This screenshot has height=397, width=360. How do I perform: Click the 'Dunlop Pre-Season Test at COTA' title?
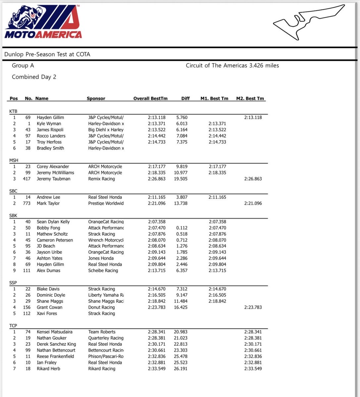[x=47, y=54]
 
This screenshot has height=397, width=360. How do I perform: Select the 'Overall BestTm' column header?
[x=150, y=98]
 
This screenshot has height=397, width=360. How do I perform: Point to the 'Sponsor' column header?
[x=96, y=98]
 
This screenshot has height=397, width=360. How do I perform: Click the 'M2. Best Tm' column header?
[x=250, y=98]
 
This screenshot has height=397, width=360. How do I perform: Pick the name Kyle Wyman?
[x=49, y=123]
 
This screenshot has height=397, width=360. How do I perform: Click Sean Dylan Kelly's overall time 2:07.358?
[x=157, y=222]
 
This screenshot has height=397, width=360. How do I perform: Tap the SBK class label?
[x=13, y=216]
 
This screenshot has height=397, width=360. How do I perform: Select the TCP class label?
[x=13, y=326]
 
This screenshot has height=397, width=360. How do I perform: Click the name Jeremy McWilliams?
[x=55, y=173]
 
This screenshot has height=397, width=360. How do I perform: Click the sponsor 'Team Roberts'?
[x=102, y=332]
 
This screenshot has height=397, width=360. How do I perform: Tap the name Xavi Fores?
[x=47, y=313]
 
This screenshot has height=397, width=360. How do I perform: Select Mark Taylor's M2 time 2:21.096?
[x=253, y=203]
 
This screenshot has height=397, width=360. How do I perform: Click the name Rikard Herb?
[x=48, y=369]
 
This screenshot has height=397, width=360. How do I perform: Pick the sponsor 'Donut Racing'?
[x=101, y=307]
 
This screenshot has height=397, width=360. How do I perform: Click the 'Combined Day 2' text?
[x=34, y=77]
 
